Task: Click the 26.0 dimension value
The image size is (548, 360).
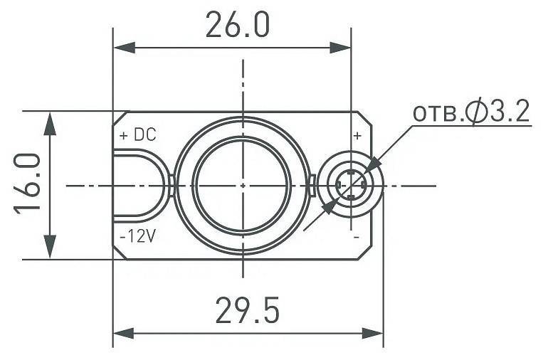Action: tap(238, 24)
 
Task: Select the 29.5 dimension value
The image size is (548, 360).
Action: tap(248, 310)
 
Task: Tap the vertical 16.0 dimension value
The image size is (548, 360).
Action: tap(27, 184)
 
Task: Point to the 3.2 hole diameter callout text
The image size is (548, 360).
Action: tap(472, 111)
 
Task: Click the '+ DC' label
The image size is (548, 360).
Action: tap(137, 135)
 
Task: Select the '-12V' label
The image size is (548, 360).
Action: tap(137, 236)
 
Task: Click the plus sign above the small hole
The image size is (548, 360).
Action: tap(357, 135)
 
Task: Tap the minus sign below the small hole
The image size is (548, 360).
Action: tap(357, 238)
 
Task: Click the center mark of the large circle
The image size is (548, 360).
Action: tap(243, 186)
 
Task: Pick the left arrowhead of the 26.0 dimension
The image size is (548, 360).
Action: tap(125, 48)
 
